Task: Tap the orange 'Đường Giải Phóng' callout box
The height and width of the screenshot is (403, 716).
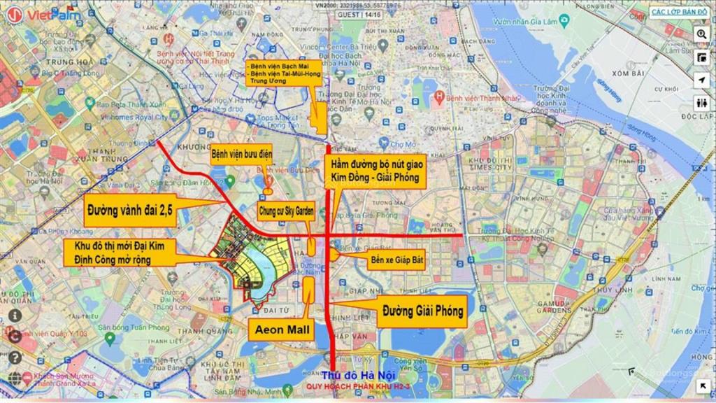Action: (x=422, y=311)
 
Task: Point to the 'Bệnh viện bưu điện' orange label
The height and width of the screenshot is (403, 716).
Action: (x=241, y=153)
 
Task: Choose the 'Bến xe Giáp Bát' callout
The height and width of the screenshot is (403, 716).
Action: (x=396, y=259)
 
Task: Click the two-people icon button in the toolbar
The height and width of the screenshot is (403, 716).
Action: (x=702, y=103)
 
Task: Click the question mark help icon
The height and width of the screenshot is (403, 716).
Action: (x=15, y=358)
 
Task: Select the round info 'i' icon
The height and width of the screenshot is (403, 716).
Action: (x=15, y=316)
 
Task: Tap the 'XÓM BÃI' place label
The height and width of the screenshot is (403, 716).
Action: (x=626, y=73)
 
